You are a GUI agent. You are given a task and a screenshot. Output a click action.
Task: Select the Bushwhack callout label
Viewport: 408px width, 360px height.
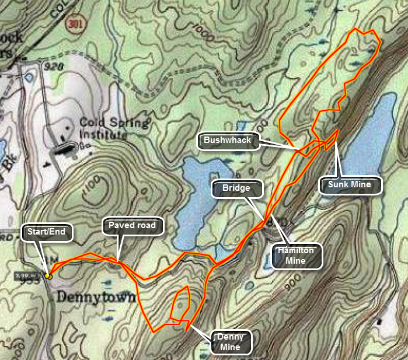coord(227,141)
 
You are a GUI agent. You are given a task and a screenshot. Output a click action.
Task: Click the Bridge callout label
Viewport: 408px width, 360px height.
coord(236,188)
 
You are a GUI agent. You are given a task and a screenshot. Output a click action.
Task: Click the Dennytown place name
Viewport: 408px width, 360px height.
coord(96,298)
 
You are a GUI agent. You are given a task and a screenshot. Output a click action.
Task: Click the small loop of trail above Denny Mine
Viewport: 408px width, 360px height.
coord(181,303)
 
